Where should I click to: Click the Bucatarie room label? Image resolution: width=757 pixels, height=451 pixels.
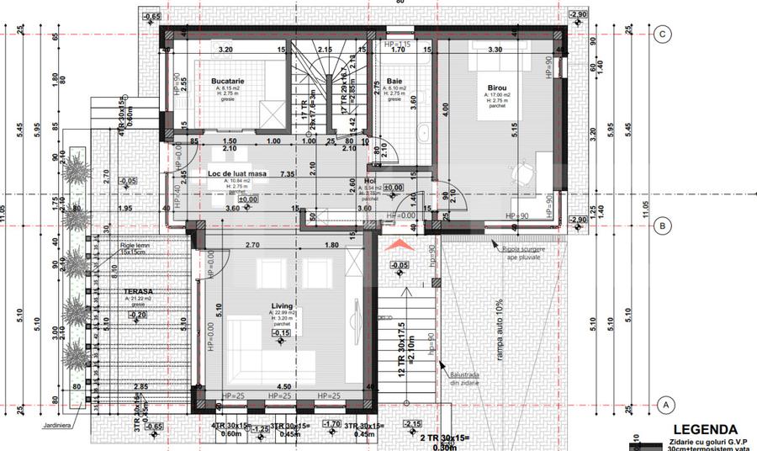226,82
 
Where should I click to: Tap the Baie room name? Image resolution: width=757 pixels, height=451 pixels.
395,82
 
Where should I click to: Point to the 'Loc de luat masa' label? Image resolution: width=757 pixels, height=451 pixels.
237,174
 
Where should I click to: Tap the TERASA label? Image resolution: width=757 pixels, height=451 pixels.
124,291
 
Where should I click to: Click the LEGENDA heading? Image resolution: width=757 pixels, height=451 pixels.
705,429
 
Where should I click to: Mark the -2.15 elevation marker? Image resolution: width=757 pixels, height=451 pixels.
412,423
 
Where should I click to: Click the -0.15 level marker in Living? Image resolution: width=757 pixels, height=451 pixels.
281,333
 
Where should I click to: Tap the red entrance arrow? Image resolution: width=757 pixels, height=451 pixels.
396,244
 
